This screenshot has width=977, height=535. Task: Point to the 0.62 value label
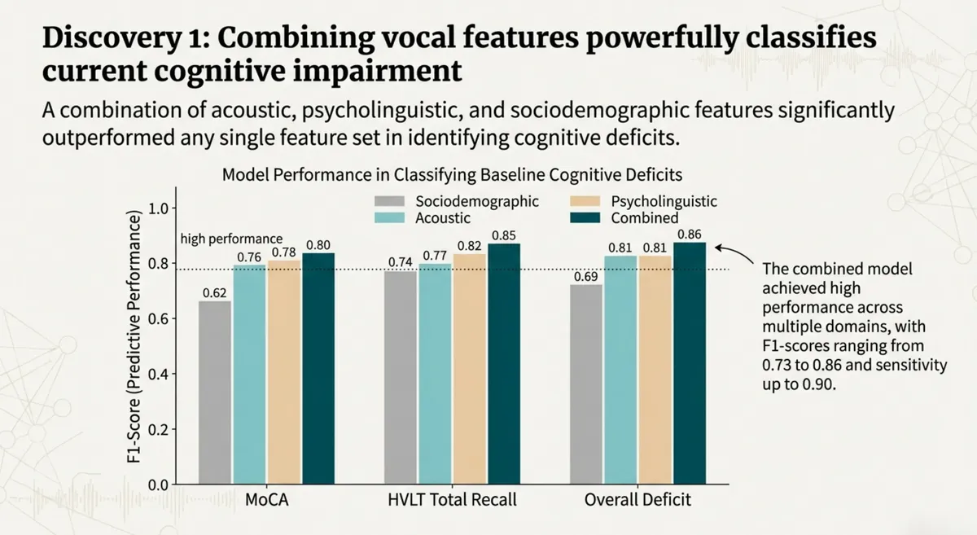click(214, 292)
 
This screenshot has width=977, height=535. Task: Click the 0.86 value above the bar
click(689, 234)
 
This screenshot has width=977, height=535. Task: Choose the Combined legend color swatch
click(582, 218)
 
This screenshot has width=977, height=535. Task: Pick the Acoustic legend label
click(442, 218)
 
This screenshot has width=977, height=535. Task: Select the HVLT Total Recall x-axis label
click(451, 500)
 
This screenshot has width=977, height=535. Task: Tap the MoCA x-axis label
click(266, 500)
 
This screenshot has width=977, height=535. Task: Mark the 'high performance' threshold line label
click(231, 239)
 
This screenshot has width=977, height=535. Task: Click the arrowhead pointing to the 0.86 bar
click(716, 243)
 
